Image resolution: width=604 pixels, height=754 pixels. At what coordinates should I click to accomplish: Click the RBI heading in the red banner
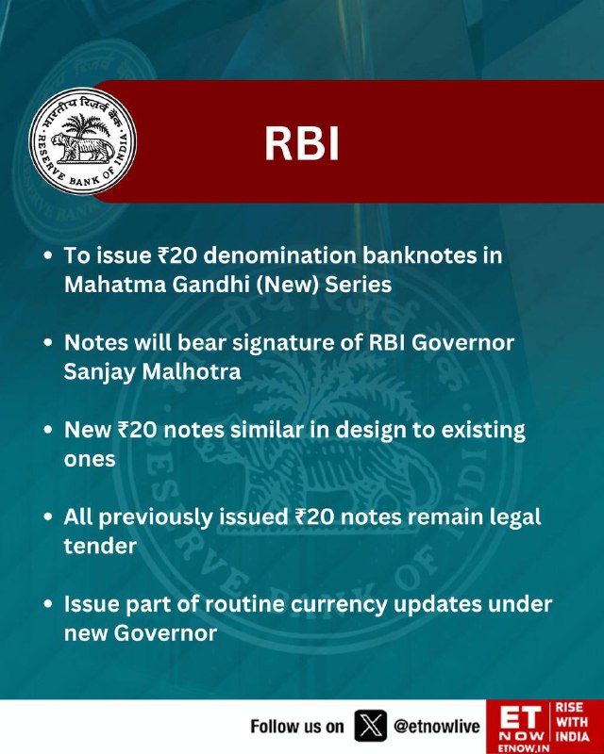[x=302, y=143]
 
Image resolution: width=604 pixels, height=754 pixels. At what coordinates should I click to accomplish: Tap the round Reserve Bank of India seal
[x=82, y=140]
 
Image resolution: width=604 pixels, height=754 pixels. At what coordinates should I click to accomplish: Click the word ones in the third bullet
[x=90, y=459]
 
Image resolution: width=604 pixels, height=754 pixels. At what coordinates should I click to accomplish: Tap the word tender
[x=100, y=547]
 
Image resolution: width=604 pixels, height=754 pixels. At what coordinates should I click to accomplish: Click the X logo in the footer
[x=370, y=726]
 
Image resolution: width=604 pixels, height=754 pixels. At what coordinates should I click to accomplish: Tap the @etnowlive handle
[x=437, y=726]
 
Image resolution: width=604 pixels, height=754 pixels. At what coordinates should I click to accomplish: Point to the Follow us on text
[x=297, y=726]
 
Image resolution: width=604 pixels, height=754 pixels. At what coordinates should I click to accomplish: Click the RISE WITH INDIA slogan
[x=572, y=722]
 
